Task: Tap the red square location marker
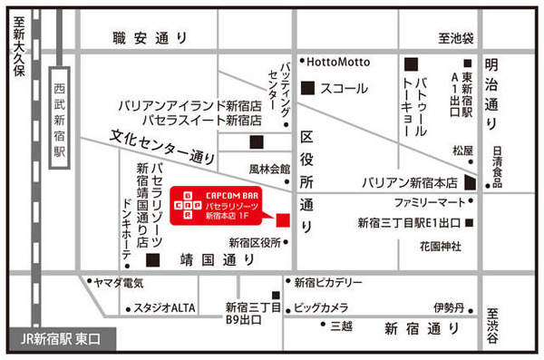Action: [282, 220]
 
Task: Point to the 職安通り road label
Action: [151, 38]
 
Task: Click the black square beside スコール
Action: [307, 88]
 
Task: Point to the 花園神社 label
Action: [440, 246]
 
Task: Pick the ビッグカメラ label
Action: [322, 306]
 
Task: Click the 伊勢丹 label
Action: [448, 306]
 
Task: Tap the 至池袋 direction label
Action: [456, 40]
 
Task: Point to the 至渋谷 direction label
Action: [491, 323]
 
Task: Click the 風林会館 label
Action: [270, 170]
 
